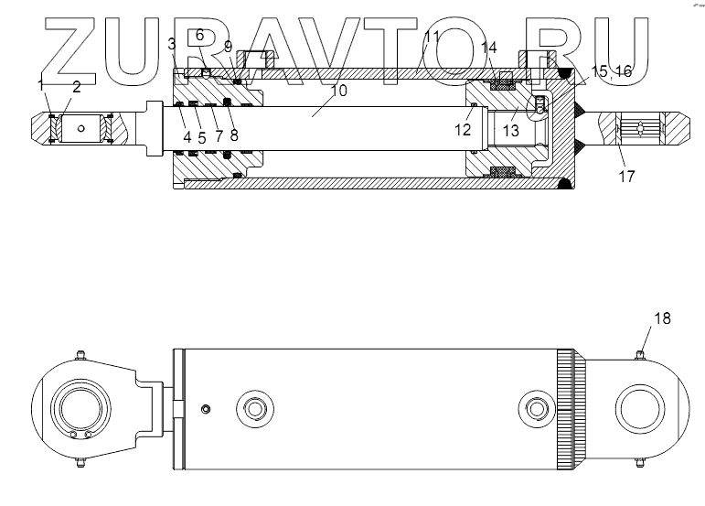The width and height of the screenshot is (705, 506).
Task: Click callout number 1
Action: [x=41, y=84]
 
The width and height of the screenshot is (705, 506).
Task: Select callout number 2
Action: [x=77, y=87]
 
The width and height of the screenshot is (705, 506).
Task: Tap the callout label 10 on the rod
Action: [x=338, y=91]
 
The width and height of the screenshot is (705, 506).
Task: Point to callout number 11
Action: [x=432, y=38]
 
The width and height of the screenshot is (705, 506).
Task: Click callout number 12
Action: [x=464, y=131]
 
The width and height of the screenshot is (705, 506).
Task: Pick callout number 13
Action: [x=510, y=131]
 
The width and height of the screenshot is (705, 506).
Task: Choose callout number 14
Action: [x=489, y=48]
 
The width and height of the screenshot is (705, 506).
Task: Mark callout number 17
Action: [x=625, y=176]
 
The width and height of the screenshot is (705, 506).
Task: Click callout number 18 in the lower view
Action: [x=662, y=318]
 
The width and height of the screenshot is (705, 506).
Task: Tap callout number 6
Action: [x=199, y=35]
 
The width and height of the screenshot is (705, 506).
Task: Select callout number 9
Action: [x=228, y=46]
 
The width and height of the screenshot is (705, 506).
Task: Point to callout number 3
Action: [x=172, y=44]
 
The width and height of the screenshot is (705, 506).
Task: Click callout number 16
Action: [x=623, y=70]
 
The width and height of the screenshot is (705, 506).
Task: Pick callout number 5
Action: [x=202, y=137]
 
